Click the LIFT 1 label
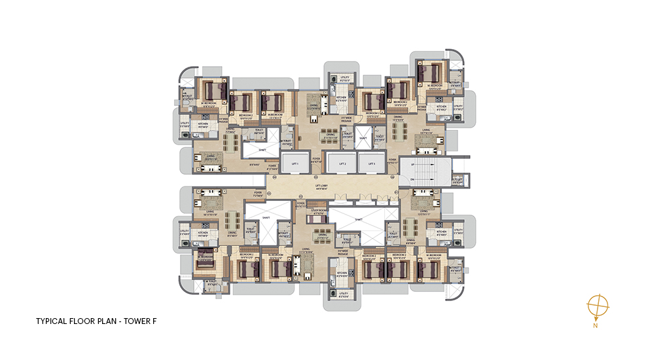click(295, 164)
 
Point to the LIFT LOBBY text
click(321, 186)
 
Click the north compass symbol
click(598, 306)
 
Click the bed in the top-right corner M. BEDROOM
click(429, 73)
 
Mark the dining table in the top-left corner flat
click(230, 141)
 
